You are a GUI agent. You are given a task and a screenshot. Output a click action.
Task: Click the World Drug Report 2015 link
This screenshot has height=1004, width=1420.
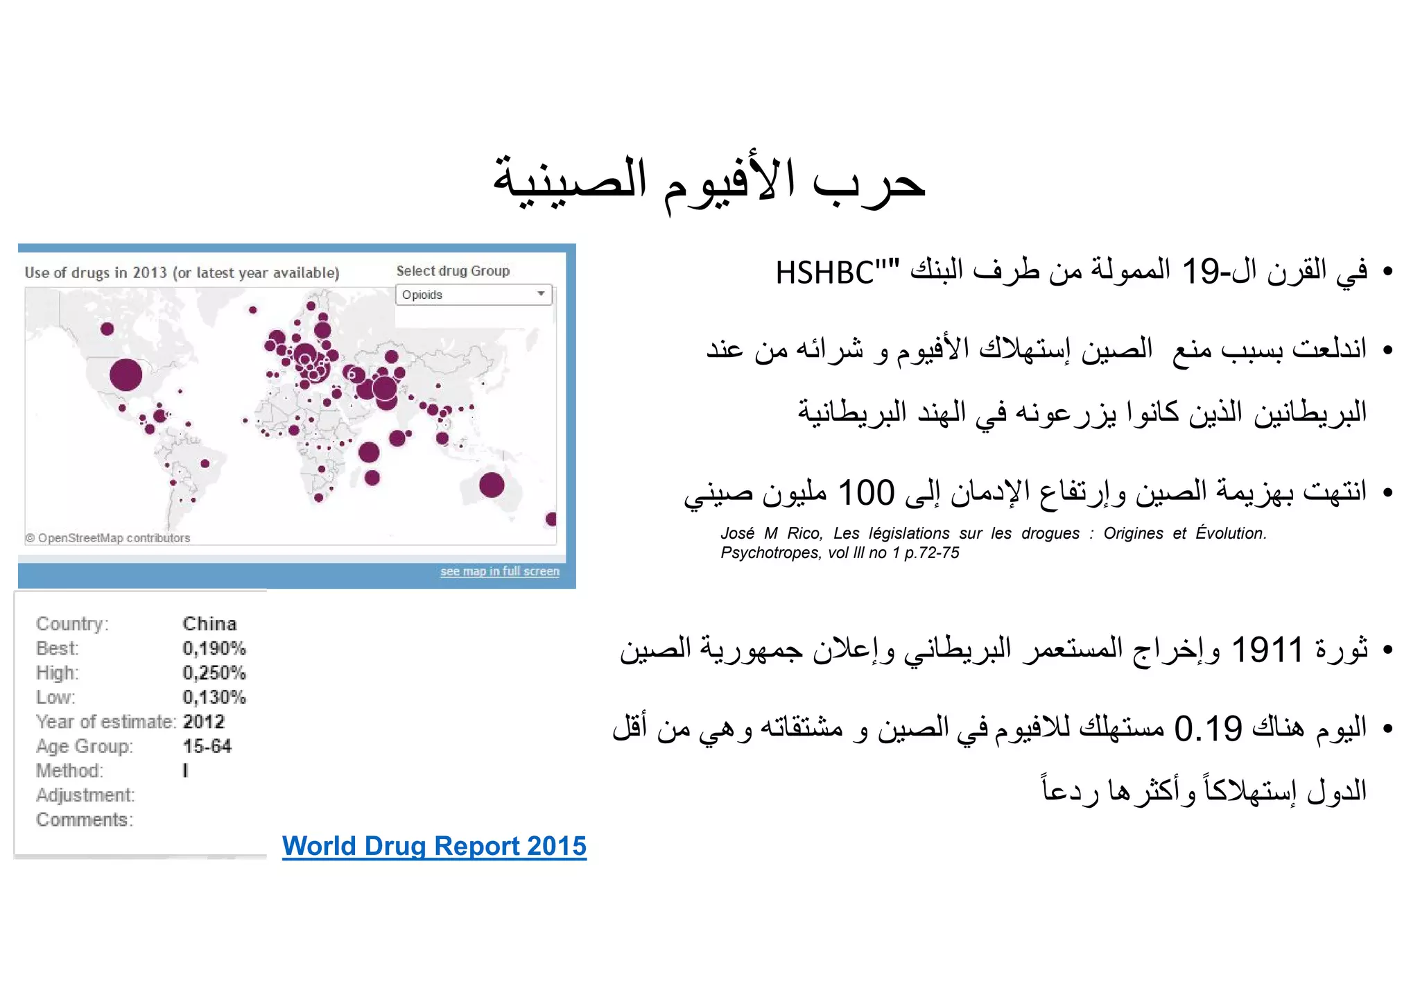(434, 847)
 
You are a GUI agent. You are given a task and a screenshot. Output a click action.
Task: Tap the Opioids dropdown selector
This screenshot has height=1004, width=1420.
(474, 295)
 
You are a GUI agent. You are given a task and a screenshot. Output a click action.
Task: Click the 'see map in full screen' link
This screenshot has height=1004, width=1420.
(499, 571)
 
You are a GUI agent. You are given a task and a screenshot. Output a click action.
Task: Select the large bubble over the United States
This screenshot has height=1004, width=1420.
(126, 375)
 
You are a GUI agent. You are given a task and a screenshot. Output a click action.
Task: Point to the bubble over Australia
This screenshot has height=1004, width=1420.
(492, 485)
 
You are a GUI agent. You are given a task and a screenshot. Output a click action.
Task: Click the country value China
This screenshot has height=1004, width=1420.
(209, 624)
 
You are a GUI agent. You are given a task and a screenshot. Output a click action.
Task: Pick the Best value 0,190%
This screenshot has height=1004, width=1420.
(214, 649)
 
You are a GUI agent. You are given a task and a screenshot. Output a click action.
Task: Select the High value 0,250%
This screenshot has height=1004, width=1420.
(214, 673)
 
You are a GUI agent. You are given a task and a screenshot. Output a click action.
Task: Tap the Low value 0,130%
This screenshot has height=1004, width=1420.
(214, 698)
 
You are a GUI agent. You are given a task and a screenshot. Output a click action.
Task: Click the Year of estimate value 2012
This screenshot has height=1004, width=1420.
(204, 722)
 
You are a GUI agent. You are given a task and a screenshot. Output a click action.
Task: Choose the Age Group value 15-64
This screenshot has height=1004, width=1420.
(207, 747)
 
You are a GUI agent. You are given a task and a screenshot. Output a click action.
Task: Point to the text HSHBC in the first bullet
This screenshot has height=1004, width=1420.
(825, 273)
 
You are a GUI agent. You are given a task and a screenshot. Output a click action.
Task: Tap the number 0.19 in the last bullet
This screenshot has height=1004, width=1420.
(1208, 729)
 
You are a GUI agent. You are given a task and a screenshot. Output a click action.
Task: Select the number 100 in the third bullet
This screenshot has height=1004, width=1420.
(866, 493)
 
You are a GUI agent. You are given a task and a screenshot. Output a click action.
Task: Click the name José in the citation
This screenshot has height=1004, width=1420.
(737, 534)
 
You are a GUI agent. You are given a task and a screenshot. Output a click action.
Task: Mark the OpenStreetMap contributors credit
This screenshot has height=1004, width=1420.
(108, 538)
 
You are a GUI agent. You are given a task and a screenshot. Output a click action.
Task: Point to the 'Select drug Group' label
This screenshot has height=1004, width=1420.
(453, 271)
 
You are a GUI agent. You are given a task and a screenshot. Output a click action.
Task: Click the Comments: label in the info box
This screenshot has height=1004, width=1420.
(85, 820)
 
